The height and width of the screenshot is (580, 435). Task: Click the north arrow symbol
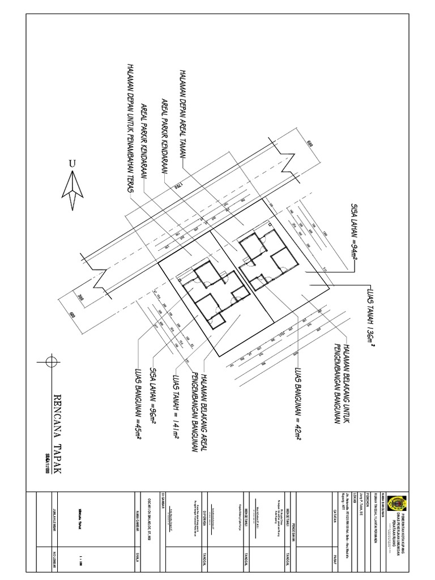72,190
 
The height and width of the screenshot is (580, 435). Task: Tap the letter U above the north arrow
72,164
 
